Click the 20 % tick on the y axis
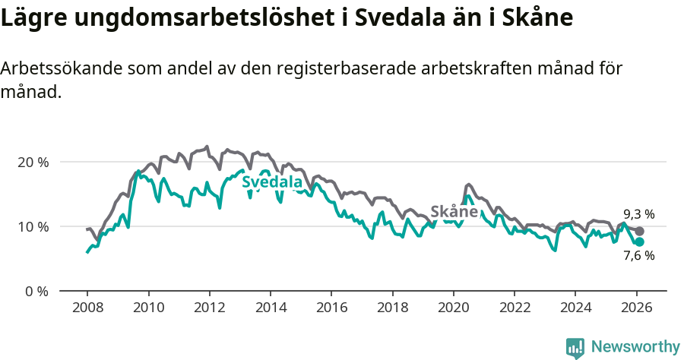[33, 162]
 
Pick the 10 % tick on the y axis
[33, 226]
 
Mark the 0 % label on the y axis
[36, 291]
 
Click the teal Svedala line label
[272, 182]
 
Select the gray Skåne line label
[454, 212]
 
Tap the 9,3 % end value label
[638, 214]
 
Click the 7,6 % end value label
[638, 256]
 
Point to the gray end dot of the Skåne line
[639, 231]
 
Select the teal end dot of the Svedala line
[639, 242]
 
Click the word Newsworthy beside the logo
[635, 347]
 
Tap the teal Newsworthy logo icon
[575, 348]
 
